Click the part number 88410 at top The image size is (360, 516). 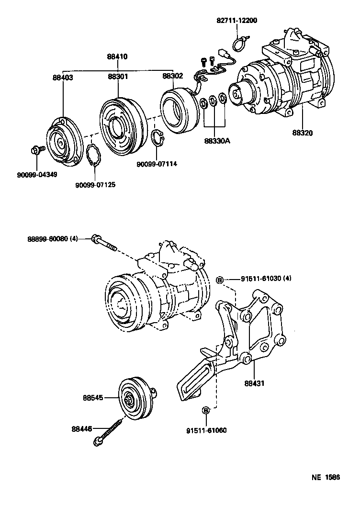[117, 56]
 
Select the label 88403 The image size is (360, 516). [63, 77]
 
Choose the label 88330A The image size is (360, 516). [217, 141]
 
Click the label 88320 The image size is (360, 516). [302, 133]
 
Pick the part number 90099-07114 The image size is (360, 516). [157, 164]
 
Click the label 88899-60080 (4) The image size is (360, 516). [52, 238]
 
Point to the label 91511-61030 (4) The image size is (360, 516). [259, 279]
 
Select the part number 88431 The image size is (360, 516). [254, 383]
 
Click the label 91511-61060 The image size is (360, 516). [206, 430]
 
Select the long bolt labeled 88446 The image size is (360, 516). [111, 432]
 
